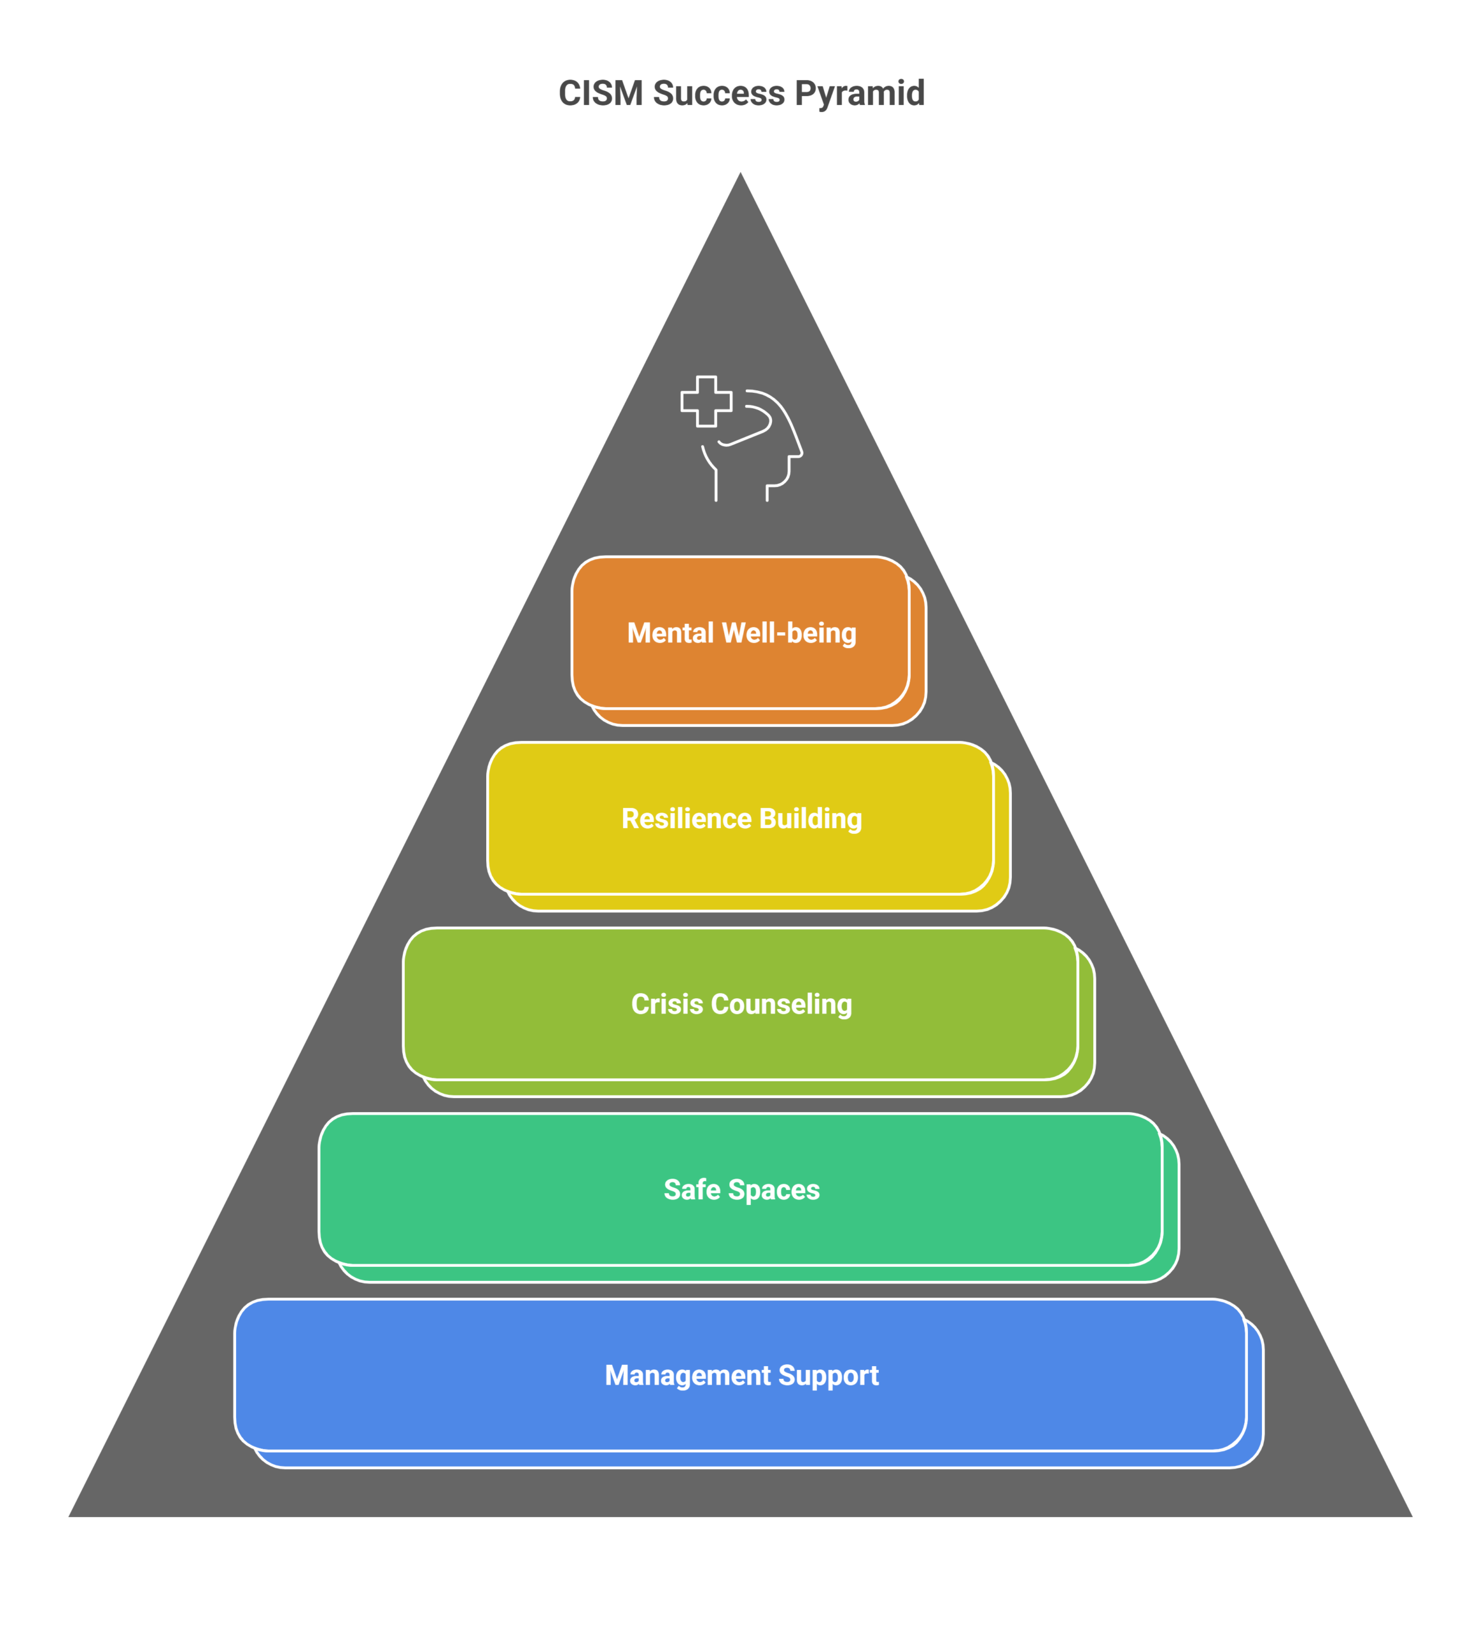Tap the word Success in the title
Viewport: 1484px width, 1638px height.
click(x=719, y=93)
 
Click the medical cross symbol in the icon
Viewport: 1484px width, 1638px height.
click(x=706, y=401)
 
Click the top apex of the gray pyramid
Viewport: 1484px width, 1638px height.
click(x=740, y=170)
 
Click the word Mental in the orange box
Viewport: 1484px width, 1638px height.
click(x=670, y=633)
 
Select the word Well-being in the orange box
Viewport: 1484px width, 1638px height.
click(x=789, y=633)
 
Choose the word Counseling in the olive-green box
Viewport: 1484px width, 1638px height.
click(x=782, y=1005)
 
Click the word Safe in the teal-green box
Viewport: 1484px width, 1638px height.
click(x=692, y=1189)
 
